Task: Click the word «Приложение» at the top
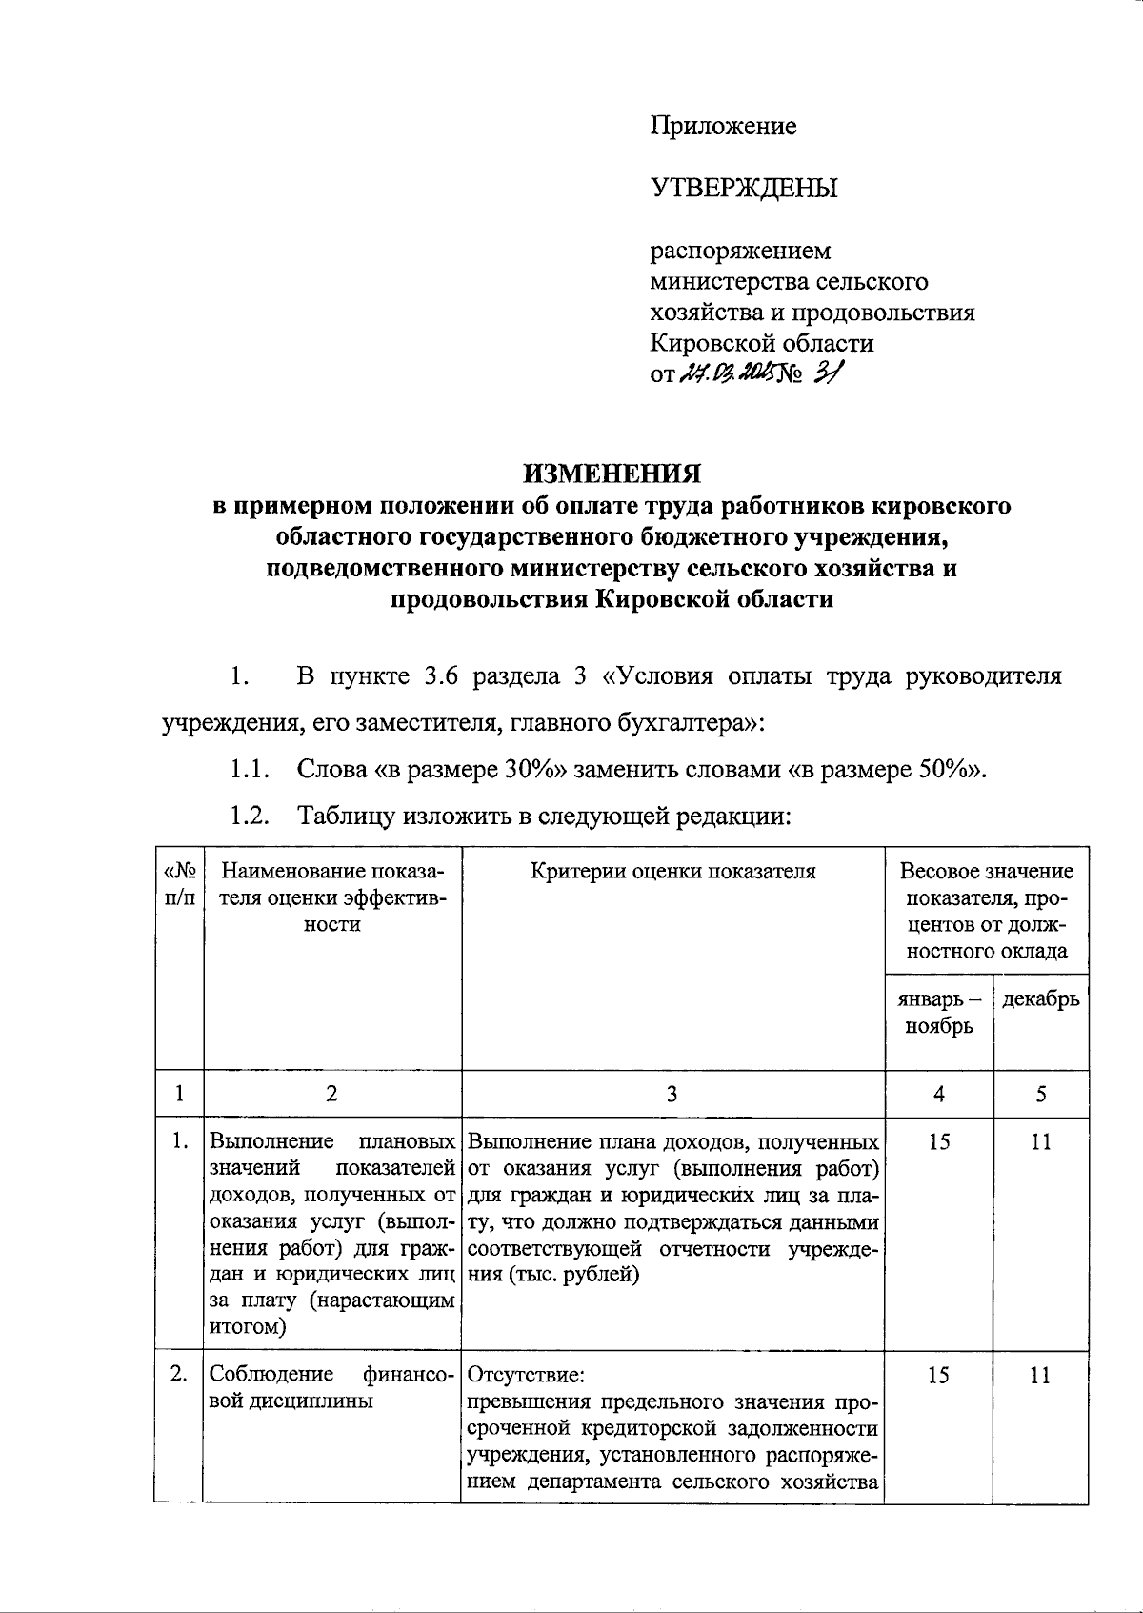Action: (x=723, y=126)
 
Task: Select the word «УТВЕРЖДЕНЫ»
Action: (x=744, y=188)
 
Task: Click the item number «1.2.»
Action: (x=249, y=816)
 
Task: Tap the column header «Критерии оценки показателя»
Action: (x=672, y=871)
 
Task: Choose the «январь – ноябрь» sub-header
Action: (x=939, y=1012)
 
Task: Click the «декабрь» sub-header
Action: (x=1041, y=998)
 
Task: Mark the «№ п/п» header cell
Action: (x=180, y=884)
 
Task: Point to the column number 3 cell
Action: (x=672, y=1094)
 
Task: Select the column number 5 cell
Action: (x=1041, y=1094)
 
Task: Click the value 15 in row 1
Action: (x=939, y=1141)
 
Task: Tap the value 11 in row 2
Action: (x=1041, y=1375)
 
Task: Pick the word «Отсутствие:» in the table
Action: (x=527, y=1375)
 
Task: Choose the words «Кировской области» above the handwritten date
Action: (x=761, y=342)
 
